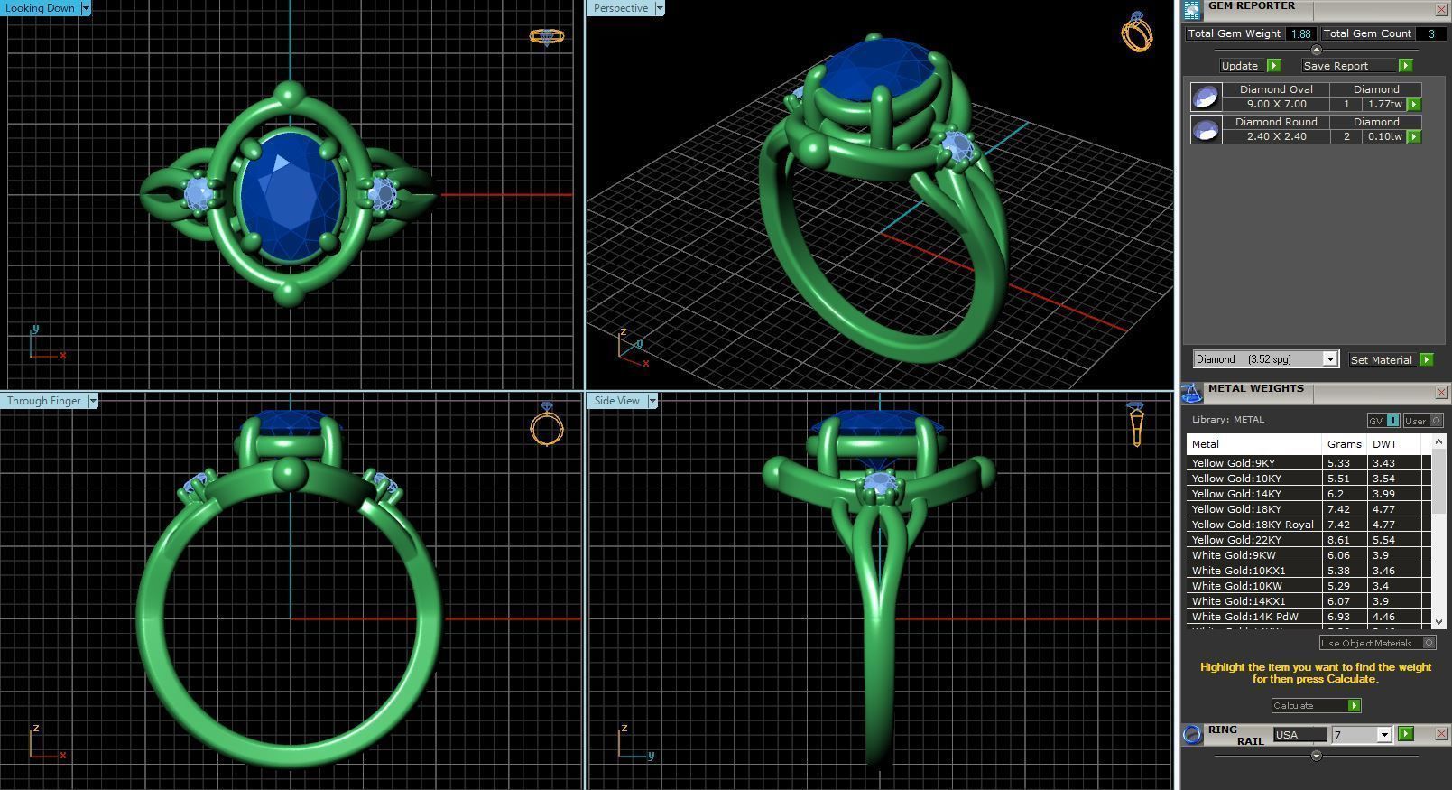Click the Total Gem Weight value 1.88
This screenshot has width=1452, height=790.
tap(1300, 33)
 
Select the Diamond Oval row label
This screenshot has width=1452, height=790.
tap(1275, 89)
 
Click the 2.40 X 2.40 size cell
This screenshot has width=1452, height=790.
tap(1275, 136)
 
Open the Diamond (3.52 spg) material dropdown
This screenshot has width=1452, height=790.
tap(1329, 359)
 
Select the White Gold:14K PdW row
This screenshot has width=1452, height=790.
tap(1244, 617)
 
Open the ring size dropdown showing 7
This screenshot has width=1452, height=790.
tap(1383, 735)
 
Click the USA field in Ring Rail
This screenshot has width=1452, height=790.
tap(1299, 735)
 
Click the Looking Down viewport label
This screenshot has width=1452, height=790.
tap(40, 8)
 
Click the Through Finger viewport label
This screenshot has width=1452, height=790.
tap(43, 401)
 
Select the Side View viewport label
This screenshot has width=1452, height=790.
tap(616, 401)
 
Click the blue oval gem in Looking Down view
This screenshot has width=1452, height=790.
tap(291, 196)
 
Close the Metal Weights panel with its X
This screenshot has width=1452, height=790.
tap(1441, 392)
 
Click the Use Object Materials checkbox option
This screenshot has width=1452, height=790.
tap(1429, 643)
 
